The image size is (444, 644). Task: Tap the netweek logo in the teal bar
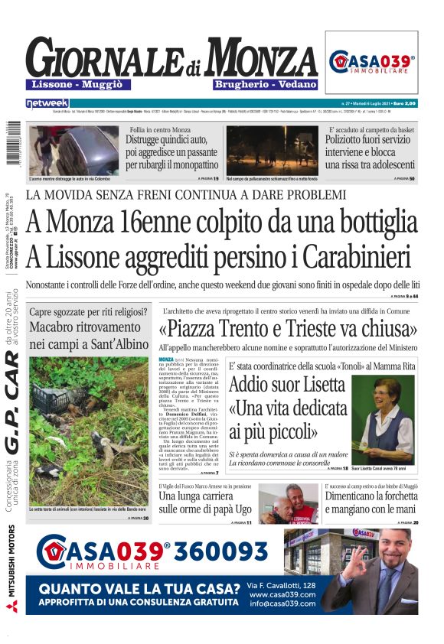(47, 102)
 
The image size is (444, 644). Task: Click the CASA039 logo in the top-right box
(372, 62)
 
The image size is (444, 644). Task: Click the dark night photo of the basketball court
(272, 149)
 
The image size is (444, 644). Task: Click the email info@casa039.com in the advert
(282, 604)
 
